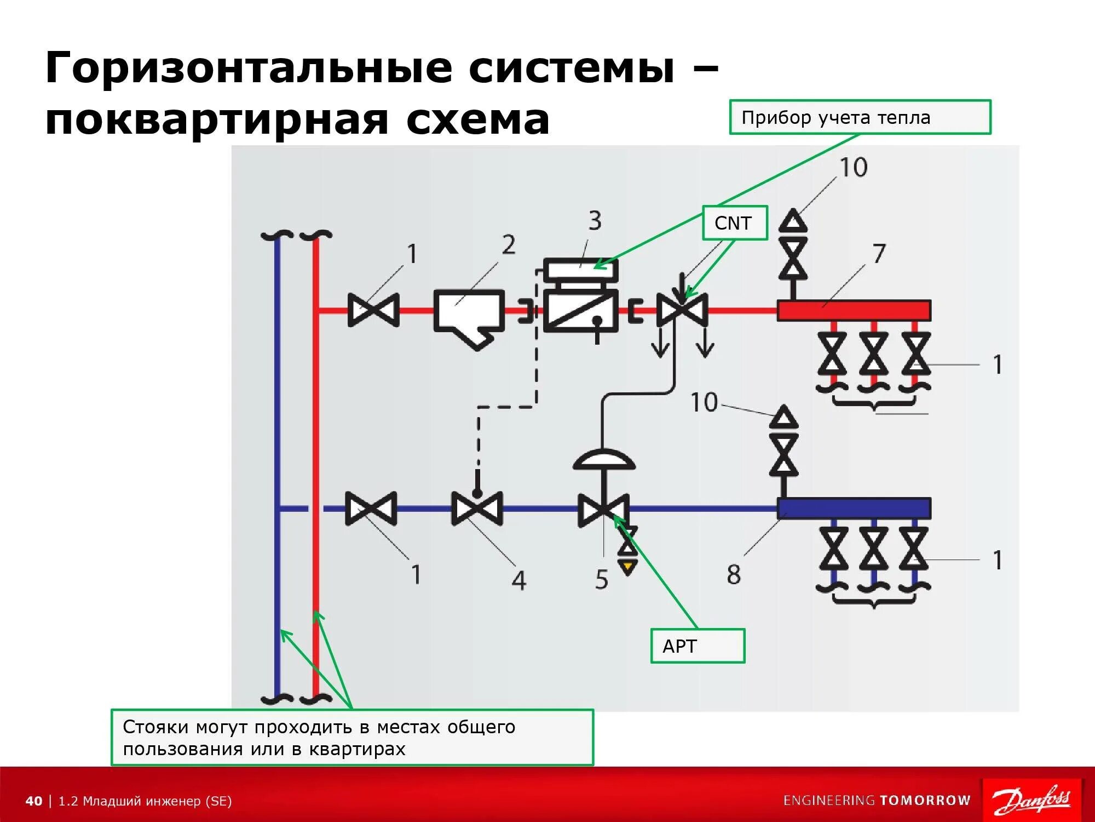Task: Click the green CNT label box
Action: click(735, 223)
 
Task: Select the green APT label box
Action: click(698, 646)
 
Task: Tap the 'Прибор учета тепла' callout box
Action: click(860, 117)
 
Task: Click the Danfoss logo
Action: click(1031, 801)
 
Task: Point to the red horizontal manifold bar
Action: click(854, 311)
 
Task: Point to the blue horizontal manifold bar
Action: click(854, 508)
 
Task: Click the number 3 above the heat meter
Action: click(595, 221)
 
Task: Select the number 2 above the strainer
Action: click(508, 245)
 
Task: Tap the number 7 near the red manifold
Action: click(878, 254)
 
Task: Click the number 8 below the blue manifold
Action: click(734, 575)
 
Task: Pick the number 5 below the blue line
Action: click(601, 580)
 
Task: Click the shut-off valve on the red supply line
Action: click(373, 310)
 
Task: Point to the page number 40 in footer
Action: click(33, 801)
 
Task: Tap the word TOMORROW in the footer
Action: click(925, 801)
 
